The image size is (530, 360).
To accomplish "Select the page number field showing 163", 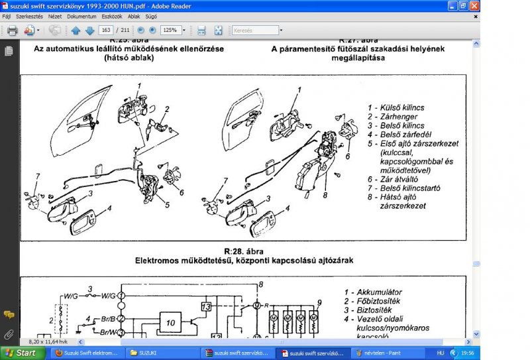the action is (105, 30).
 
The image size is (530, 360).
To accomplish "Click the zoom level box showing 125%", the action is (170, 30).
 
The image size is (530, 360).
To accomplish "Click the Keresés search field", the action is (255, 30).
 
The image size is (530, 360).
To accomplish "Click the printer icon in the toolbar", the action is (12, 30).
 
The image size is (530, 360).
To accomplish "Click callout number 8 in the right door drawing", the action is (325, 195).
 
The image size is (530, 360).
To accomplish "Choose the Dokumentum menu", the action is (81, 16).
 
